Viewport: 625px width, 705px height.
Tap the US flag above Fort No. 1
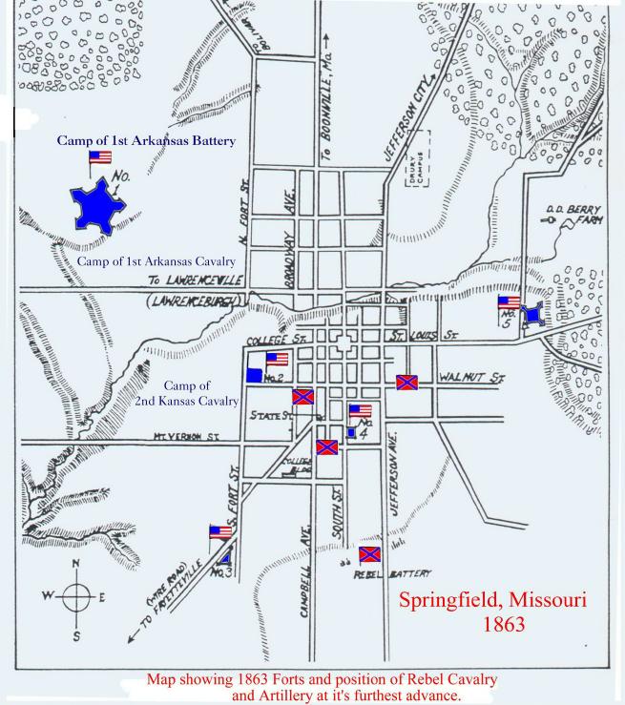coord(99,157)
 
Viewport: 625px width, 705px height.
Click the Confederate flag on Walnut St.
coord(406,383)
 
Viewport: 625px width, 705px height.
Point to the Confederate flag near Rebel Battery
coord(369,554)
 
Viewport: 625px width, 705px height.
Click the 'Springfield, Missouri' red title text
coord(491,602)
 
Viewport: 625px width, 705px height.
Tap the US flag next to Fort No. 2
coord(277,360)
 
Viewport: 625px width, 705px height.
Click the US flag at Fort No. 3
coord(220,532)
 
